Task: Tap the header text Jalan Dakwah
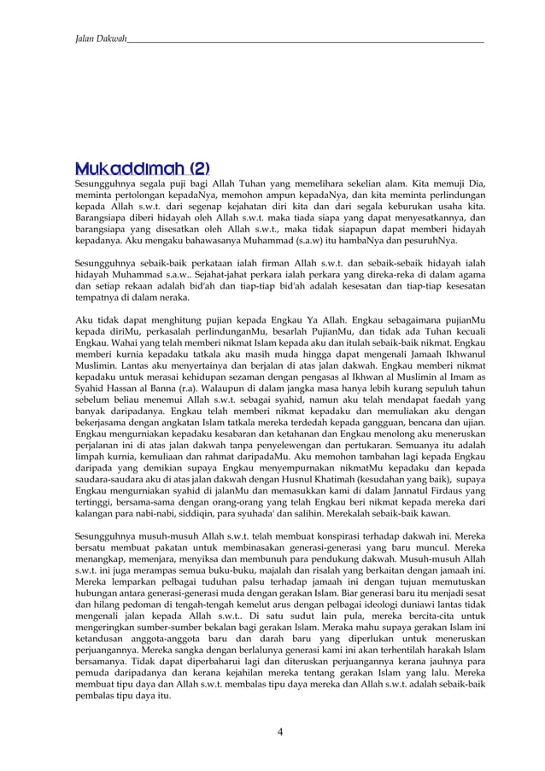click(x=101, y=38)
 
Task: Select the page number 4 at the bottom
click(x=280, y=731)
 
